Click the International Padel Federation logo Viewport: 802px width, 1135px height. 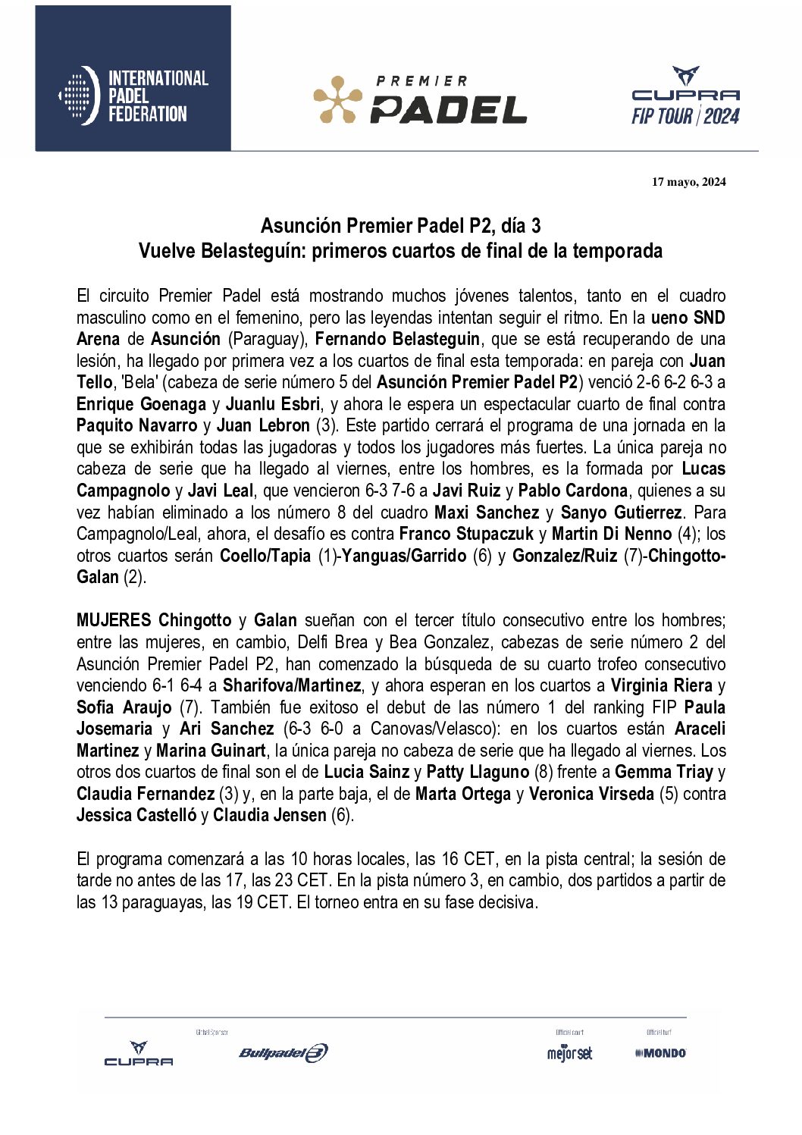(133, 96)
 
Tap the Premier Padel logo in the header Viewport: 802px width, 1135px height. (420, 100)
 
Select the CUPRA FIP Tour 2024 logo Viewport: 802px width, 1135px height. (685, 96)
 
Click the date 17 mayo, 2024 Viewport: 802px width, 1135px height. (688, 182)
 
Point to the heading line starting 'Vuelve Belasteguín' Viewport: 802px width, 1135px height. (400, 251)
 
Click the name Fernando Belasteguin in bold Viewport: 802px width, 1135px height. (397, 339)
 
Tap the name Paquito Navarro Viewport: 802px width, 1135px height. (136, 425)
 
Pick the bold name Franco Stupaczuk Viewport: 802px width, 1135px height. (466, 534)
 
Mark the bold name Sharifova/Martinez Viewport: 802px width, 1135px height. (292, 685)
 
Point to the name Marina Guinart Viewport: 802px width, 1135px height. (211, 751)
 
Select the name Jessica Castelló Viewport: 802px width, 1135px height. (136, 816)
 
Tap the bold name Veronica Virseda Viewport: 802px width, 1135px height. (591, 794)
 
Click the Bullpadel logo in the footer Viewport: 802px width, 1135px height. (284, 1052)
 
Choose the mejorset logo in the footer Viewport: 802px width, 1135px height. (569, 1053)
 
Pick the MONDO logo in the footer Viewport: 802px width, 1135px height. (661, 1053)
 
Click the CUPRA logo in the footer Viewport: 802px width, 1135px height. (138, 1054)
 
